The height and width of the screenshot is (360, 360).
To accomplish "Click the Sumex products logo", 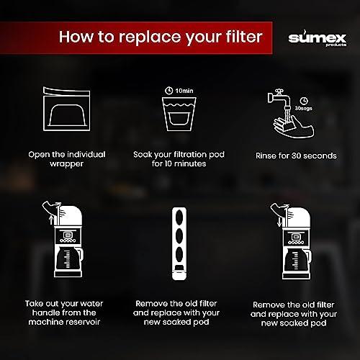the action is click(x=318, y=38).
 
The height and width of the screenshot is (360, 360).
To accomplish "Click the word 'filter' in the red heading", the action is click(x=243, y=37).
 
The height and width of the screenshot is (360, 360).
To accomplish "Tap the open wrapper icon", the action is click(x=66, y=109).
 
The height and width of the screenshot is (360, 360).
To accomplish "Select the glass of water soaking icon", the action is click(x=179, y=114).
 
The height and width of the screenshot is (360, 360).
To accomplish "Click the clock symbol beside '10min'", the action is click(x=169, y=91).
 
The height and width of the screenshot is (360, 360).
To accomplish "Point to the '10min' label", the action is click(x=184, y=91).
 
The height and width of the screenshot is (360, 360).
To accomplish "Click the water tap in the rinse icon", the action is click(x=279, y=98).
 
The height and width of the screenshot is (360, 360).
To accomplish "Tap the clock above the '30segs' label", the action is click(x=304, y=101).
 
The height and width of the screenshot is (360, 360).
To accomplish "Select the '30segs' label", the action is click(x=304, y=108).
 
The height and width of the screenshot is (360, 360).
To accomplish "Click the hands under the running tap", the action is click(x=294, y=127).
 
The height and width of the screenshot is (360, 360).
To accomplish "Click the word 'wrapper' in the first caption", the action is click(x=67, y=164).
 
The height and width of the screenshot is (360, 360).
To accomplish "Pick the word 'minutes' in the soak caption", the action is click(x=190, y=163).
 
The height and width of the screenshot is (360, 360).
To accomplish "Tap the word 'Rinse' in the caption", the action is click(x=265, y=156).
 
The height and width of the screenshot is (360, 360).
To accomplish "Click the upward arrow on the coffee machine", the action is click(x=51, y=220).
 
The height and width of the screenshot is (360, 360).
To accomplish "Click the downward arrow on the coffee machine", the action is click(x=279, y=222).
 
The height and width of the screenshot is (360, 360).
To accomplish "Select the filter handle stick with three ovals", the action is click(x=179, y=243).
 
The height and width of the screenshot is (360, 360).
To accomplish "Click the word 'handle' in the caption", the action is click(x=45, y=312).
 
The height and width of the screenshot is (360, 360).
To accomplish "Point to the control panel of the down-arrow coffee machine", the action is click(x=296, y=238).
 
